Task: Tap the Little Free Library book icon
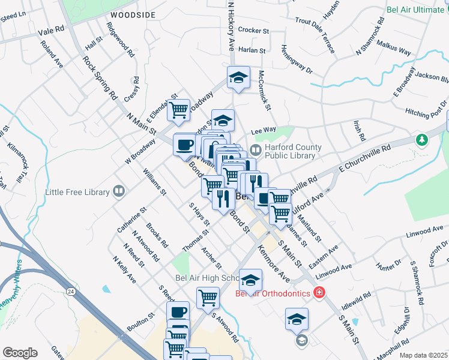point(119,192)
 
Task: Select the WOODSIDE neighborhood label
point(133,14)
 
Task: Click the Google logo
point(20,353)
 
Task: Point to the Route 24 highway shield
point(71,292)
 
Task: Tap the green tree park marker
point(423,140)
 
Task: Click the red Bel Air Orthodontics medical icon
point(319,293)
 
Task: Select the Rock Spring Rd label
point(100,77)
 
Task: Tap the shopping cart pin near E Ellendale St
point(178,110)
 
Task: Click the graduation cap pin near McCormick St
point(238,77)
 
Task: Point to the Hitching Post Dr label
point(426,112)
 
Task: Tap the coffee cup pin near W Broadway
point(184,145)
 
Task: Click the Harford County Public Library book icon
point(256,149)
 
